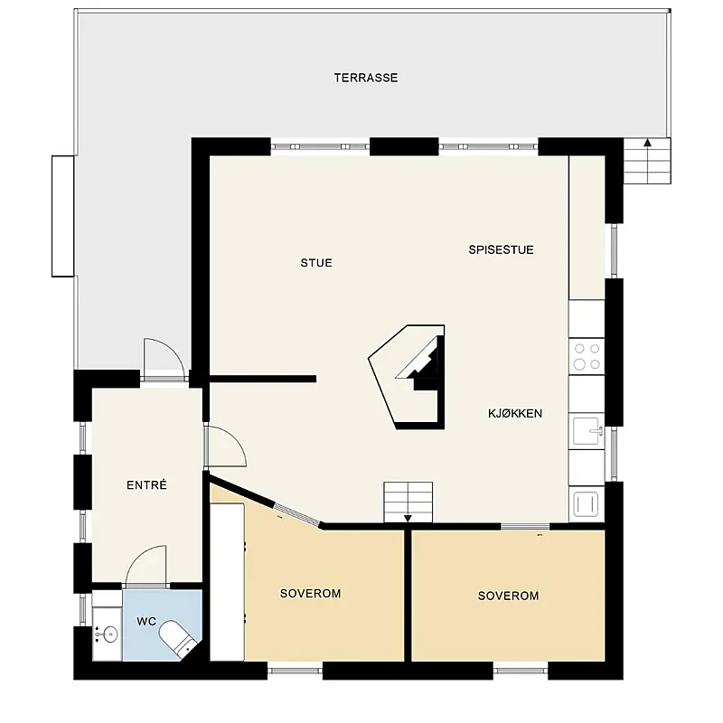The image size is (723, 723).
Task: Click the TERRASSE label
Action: (x=366, y=78)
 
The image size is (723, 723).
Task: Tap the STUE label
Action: (x=316, y=263)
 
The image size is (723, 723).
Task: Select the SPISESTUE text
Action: (x=502, y=250)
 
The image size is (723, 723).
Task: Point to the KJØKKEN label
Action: (x=515, y=414)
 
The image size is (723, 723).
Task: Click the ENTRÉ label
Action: (x=146, y=484)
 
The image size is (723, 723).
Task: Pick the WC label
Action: (x=146, y=622)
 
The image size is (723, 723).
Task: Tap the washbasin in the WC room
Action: (x=107, y=635)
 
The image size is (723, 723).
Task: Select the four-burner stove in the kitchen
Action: (x=587, y=356)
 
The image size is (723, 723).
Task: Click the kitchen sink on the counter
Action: (x=587, y=431)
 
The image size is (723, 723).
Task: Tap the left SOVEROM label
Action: (x=310, y=594)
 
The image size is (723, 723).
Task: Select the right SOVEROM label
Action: (x=508, y=596)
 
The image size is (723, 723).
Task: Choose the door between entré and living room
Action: (x=225, y=446)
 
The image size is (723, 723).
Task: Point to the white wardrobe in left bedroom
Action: (x=228, y=582)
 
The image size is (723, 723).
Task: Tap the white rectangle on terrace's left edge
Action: (x=62, y=216)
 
